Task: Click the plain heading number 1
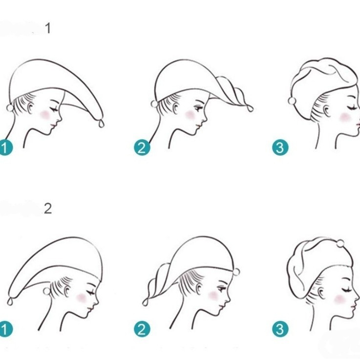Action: pos(48,28)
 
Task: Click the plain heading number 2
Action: pos(48,209)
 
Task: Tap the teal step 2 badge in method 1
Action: pos(142,148)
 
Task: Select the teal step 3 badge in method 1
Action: pos(280,148)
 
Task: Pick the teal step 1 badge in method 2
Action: pos(4,329)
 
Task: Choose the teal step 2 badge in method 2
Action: pos(142,329)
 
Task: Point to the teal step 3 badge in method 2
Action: pos(280,329)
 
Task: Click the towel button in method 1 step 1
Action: pos(10,107)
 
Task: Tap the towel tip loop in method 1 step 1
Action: pos(102,124)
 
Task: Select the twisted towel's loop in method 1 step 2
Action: pos(250,108)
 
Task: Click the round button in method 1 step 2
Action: pos(154,104)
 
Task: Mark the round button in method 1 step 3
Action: pos(292,101)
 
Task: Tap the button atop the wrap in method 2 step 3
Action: pos(340,244)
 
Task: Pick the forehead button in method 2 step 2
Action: pos(236,272)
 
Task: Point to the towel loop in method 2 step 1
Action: pos(10,301)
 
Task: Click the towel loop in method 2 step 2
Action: pos(145,302)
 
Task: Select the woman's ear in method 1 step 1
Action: pos(31,107)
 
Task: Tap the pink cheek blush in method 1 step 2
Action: pos(191,115)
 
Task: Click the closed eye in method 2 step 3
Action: pos(347,290)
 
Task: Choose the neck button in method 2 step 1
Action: pos(46,291)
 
